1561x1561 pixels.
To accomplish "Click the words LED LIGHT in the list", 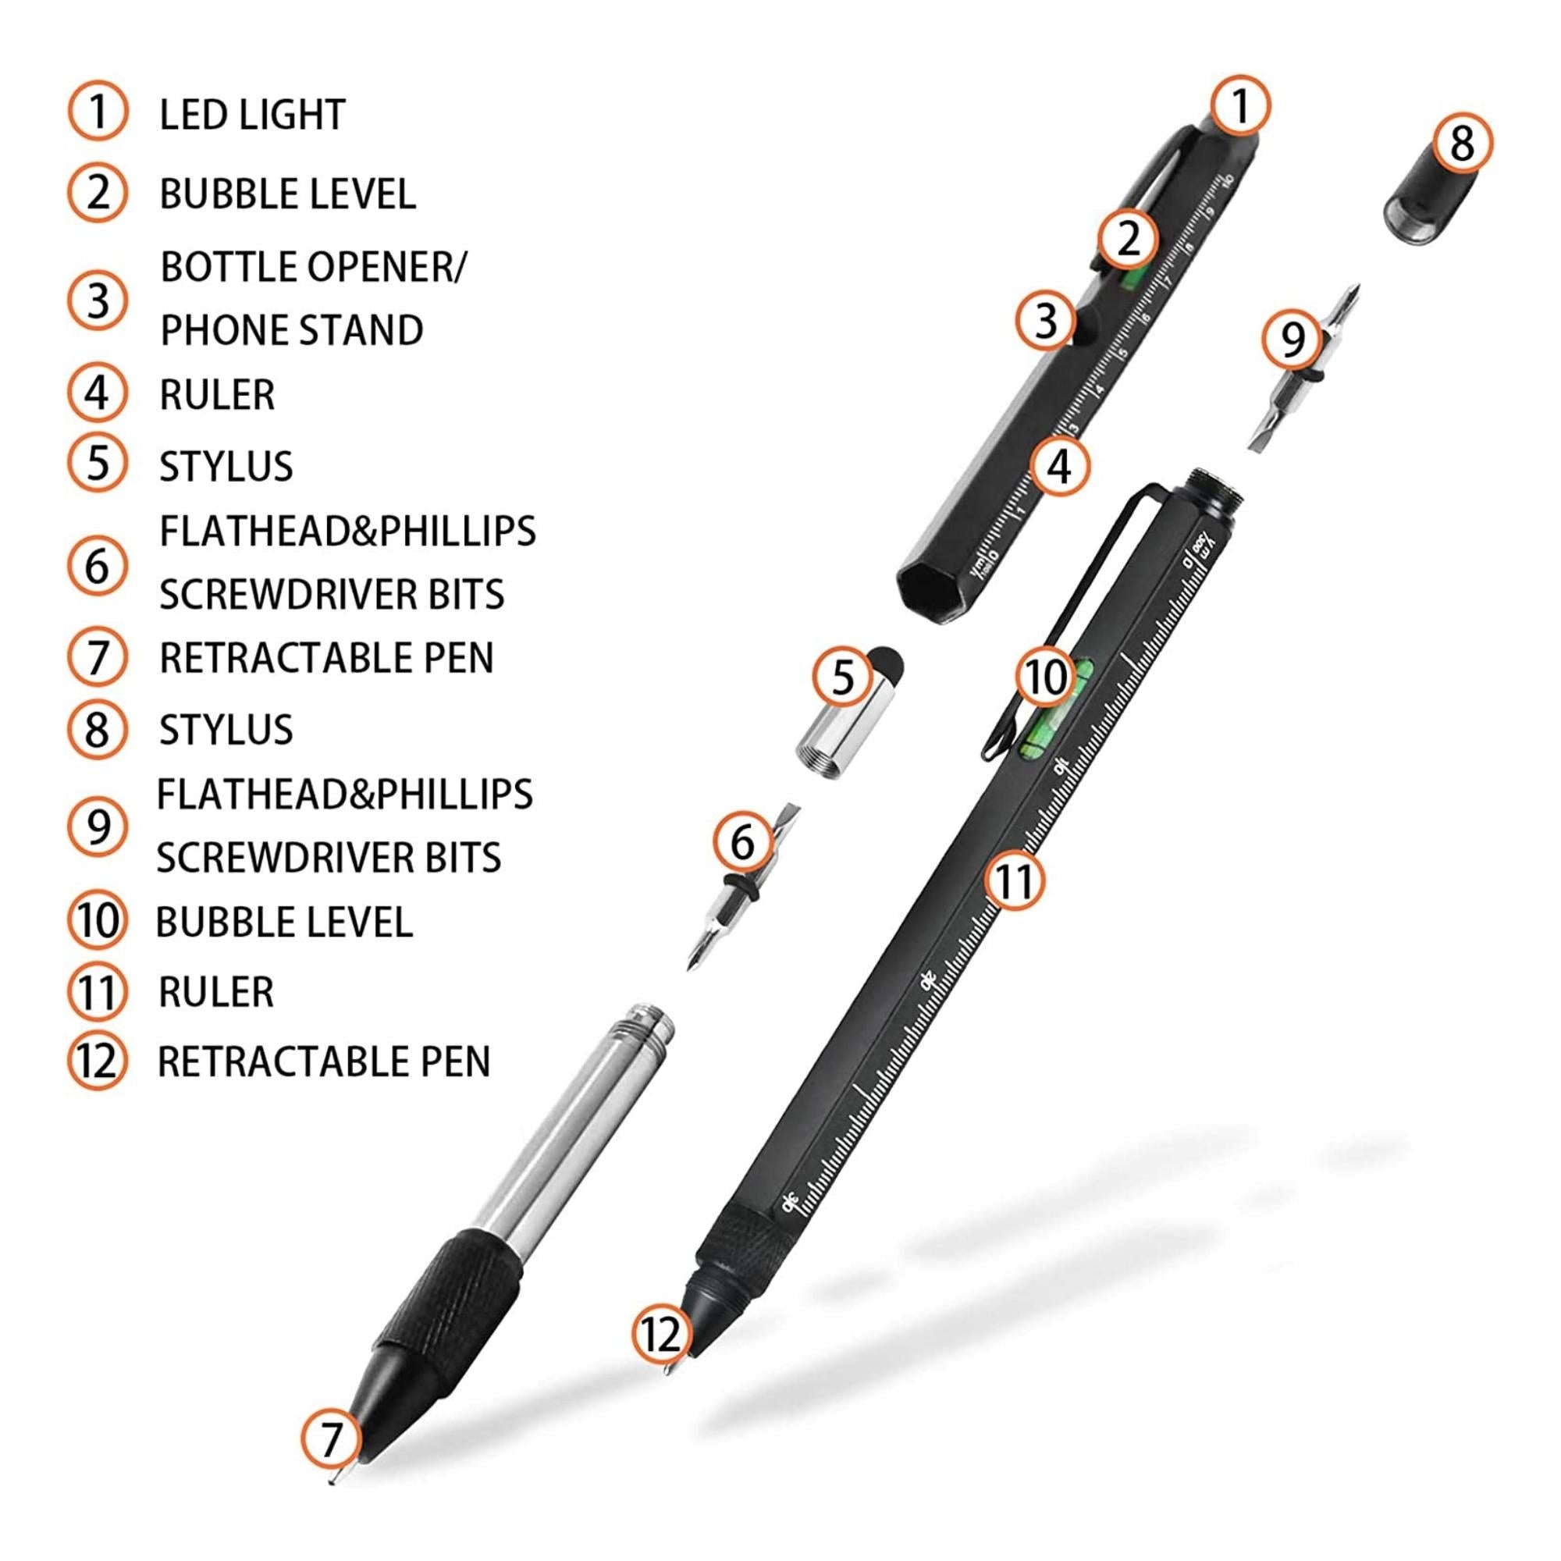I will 252,115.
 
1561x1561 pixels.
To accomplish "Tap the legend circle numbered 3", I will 97,300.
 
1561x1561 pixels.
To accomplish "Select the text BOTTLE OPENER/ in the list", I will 314,267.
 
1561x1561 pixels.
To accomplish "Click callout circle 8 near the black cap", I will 1462,144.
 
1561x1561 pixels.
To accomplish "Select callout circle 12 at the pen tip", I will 661,1334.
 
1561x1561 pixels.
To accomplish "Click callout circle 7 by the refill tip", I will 330,1439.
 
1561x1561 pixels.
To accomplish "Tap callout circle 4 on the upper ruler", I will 1059,466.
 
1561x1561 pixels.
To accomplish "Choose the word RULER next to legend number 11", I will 215,992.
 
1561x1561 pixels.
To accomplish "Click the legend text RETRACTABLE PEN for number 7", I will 326,658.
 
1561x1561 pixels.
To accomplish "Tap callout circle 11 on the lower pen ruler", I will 1015,880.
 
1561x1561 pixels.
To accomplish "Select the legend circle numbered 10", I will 97,922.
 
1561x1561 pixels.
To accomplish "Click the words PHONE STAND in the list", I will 292,330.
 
